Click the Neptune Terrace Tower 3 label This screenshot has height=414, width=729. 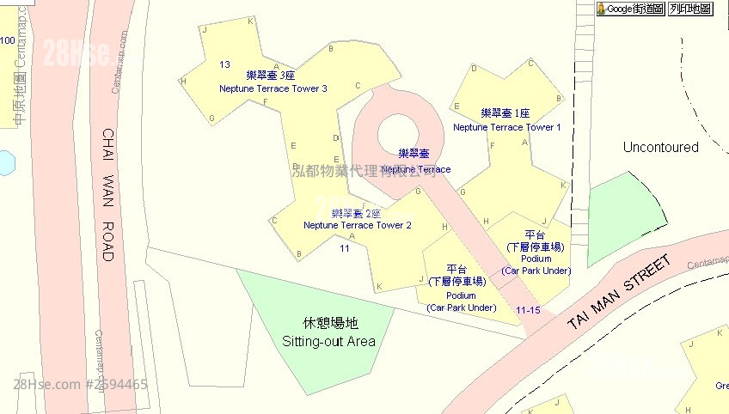[273, 88]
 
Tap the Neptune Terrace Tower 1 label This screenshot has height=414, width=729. [506, 127]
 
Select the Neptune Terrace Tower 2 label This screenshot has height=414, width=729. [357, 225]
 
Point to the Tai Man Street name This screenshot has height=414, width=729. [618, 294]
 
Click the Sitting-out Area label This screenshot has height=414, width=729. [329, 341]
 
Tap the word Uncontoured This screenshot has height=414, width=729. [660, 148]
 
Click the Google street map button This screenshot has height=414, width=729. [631, 9]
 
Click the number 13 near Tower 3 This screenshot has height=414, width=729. [224, 64]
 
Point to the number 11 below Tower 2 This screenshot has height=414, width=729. [345, 247]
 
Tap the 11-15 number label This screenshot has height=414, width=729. [528, 309]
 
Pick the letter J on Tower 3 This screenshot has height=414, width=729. [205, 28]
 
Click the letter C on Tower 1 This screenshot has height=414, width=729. [530, 63]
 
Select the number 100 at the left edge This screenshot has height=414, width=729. [7, 40]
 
